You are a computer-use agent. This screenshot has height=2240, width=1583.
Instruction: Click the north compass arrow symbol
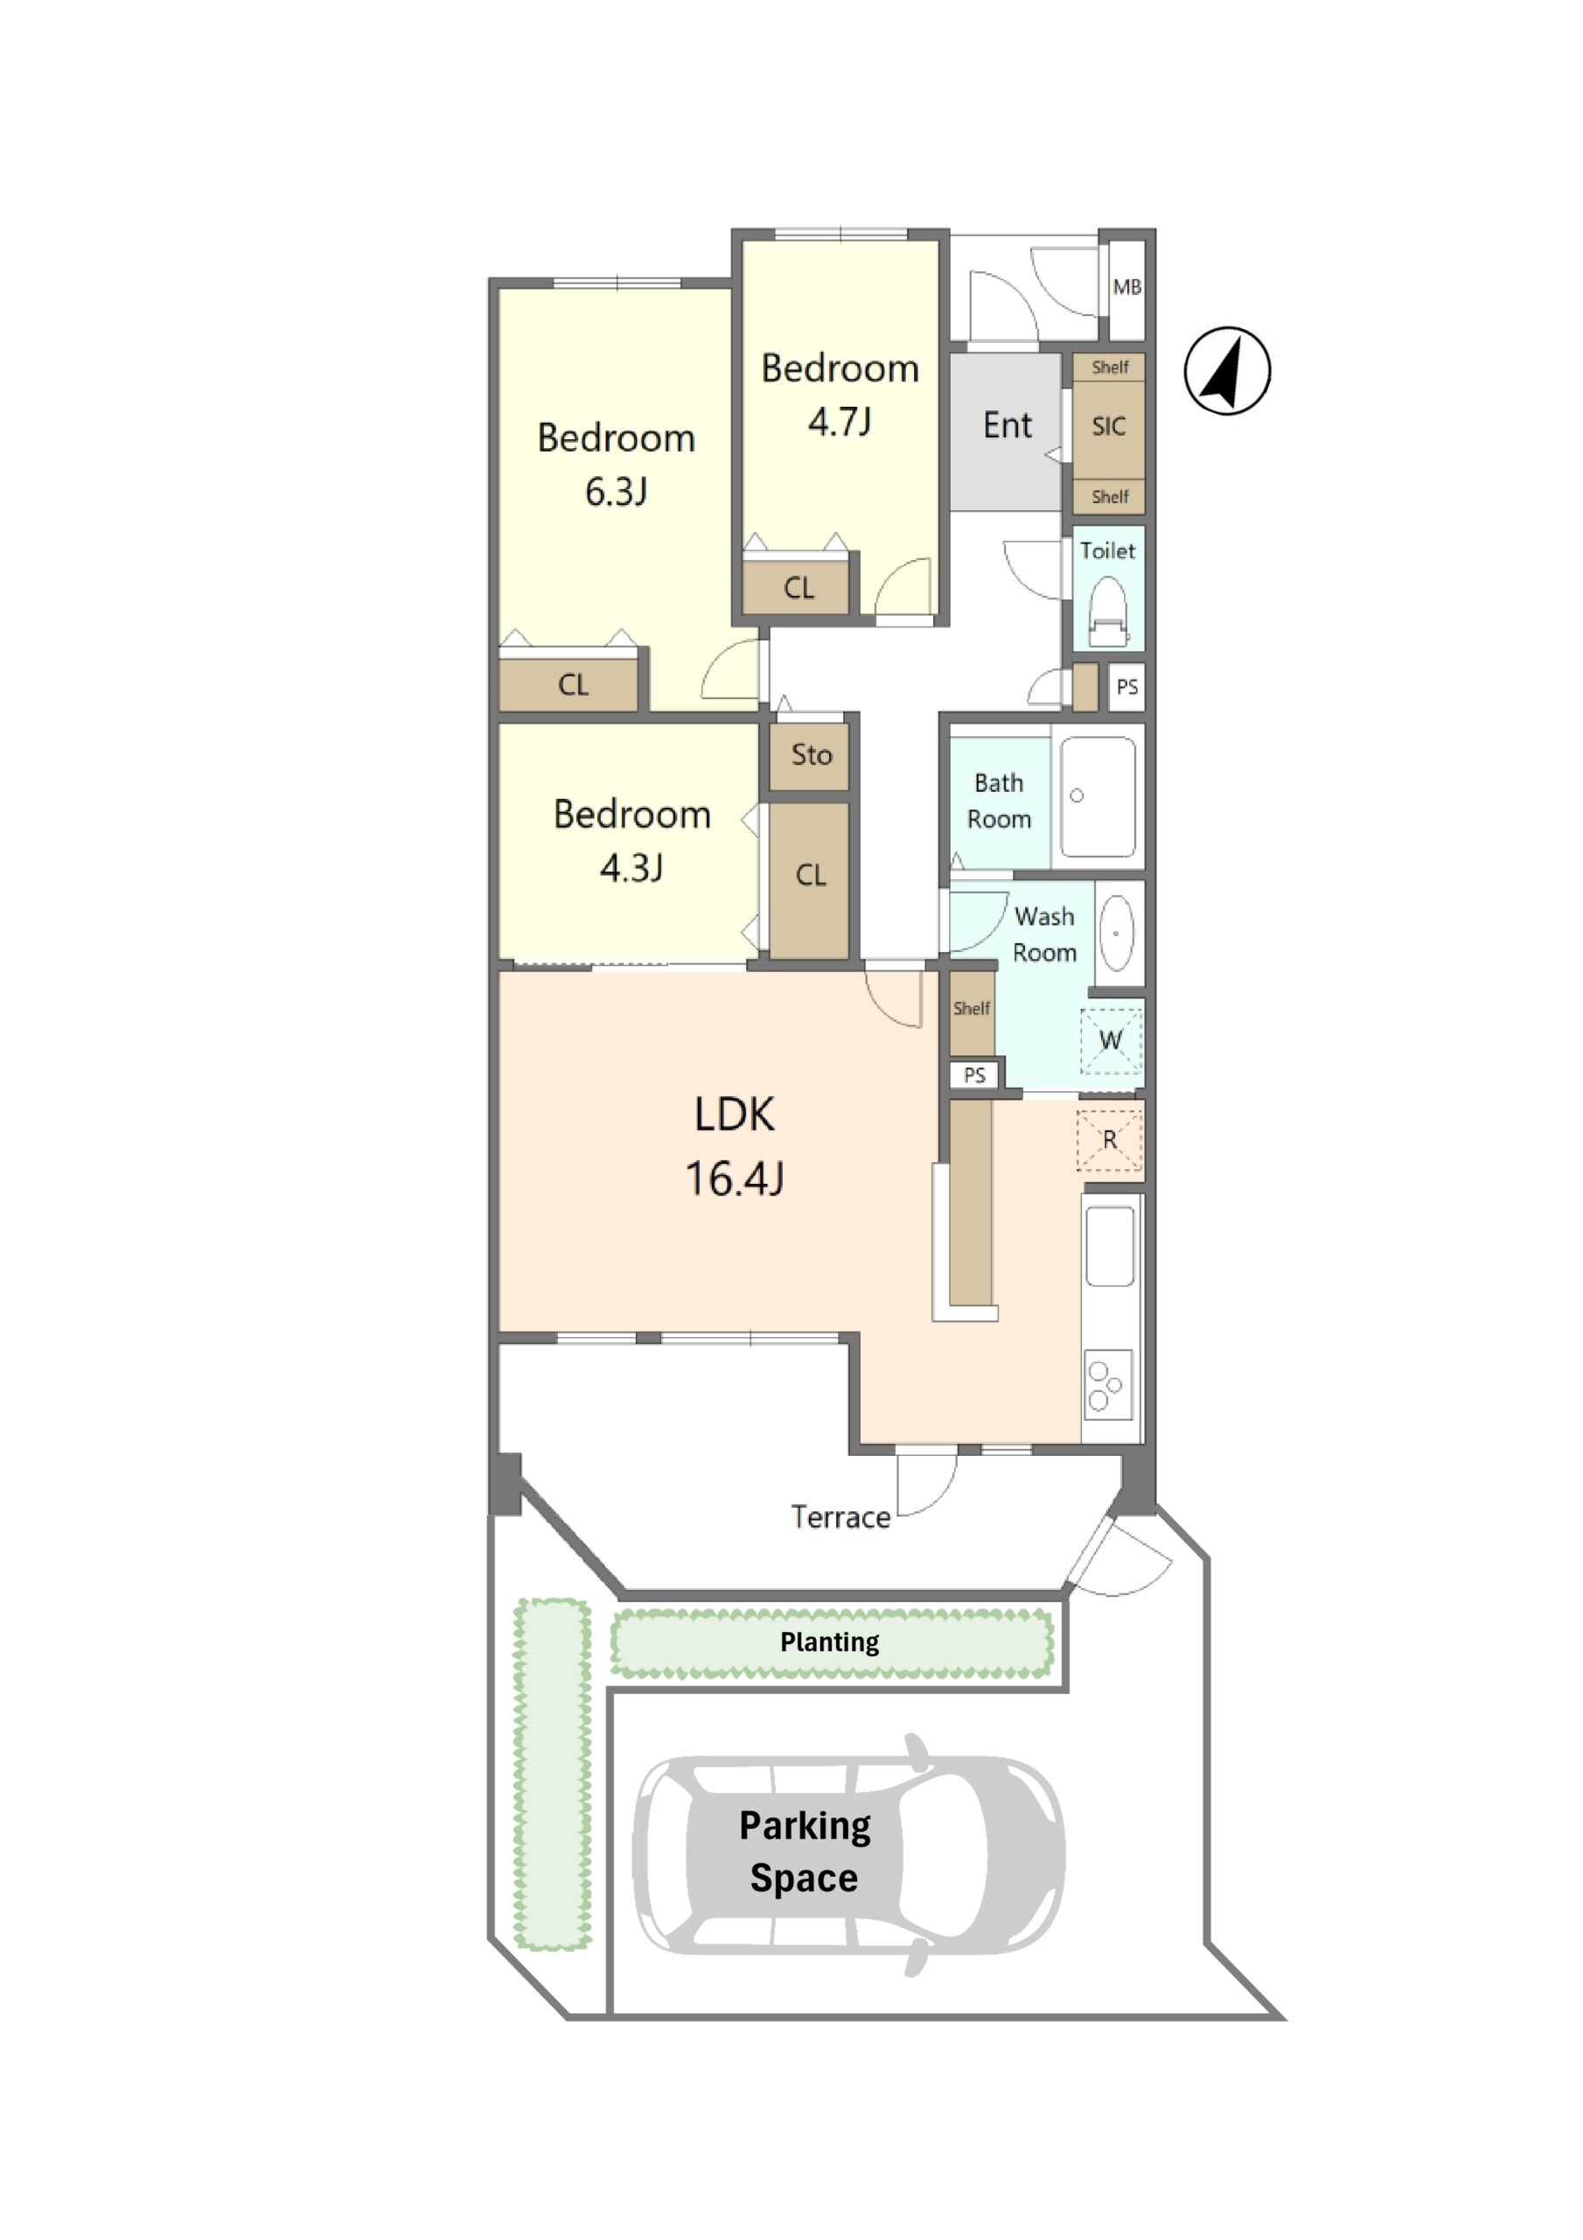tap(1227, 371)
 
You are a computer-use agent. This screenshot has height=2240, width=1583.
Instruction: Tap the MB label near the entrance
tap(1126, 287)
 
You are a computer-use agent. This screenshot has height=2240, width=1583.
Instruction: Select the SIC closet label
tap(1108, 426)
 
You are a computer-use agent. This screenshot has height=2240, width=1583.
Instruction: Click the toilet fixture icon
tap(1107, 610)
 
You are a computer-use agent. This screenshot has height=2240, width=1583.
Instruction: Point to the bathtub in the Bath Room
tap(1098, 797)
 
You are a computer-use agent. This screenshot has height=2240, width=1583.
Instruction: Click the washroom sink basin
tap(1116, 933)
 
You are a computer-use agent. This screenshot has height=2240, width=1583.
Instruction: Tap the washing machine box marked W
tap(1110, 1041)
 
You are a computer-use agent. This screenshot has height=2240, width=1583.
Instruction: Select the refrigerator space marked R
tap(1109, 1139)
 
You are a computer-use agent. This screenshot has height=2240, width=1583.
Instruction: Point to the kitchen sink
tap(1110, 1247)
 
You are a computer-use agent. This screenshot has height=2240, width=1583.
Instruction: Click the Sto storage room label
tap(812, 754)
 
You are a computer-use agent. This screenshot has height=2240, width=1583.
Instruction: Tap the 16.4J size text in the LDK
tap(735, 1179)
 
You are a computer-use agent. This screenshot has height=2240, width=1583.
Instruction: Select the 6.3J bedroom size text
tap(617, 492)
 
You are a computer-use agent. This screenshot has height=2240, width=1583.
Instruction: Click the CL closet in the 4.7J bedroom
tap(798, 587)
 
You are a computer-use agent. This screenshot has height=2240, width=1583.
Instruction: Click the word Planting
tap(829, 1642)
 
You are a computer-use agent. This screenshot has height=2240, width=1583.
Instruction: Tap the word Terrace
tap(840, 1517)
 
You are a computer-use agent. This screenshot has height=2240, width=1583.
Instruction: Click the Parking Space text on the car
tap(805, 1851)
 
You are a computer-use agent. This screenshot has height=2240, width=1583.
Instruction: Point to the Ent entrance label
tap(1007, 425)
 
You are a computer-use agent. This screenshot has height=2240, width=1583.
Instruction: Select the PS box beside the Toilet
tap(1126, 687)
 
